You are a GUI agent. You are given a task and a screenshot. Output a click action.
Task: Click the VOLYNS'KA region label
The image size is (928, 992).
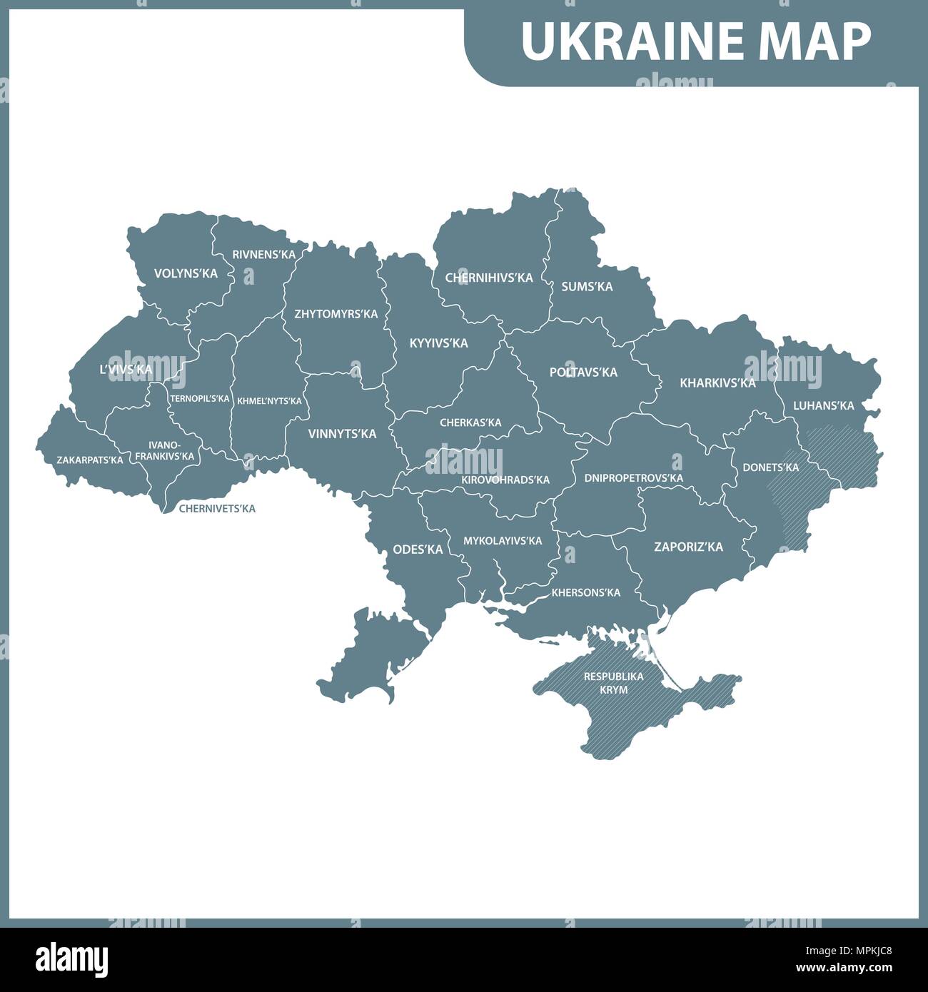[186, 273]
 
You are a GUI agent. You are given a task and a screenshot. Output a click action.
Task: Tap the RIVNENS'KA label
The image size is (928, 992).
[263, 255]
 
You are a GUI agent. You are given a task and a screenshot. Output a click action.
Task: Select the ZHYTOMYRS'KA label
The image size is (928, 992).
[336, 313]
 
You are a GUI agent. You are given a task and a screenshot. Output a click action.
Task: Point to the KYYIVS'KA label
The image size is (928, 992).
[438, 343]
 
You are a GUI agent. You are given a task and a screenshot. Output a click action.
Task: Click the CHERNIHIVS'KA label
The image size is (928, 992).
[489, 278]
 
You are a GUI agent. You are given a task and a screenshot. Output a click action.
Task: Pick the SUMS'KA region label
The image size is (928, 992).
[587, 286]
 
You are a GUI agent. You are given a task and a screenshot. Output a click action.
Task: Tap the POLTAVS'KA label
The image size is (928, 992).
[583, 372]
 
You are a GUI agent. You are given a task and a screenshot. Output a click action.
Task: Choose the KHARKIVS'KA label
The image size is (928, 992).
[717, 383]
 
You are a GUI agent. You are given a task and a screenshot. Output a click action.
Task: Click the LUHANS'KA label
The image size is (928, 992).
[823, 405]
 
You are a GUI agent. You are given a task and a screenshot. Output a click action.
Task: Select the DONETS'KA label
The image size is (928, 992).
[770, 467]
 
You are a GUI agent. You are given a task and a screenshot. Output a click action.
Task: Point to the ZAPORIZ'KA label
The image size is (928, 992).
[688, 547]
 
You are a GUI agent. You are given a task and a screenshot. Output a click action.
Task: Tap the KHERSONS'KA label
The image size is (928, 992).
[585, 592]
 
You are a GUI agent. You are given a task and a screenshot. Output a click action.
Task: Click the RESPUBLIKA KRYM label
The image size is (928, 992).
[613, 682]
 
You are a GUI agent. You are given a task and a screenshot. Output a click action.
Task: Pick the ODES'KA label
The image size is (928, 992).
[418, 550]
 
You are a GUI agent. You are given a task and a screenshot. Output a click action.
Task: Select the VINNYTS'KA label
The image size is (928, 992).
[342, 433]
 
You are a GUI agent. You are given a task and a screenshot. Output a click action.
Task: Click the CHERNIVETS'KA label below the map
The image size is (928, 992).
[216, 509]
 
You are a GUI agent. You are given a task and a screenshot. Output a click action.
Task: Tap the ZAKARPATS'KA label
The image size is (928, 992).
[89, 460]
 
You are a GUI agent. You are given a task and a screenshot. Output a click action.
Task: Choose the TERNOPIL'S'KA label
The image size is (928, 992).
[200, 398]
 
